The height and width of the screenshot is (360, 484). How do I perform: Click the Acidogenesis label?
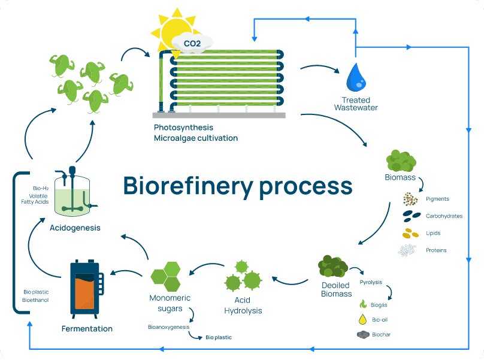(x=75, y=228)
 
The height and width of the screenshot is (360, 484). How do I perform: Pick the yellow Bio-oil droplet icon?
(x=362, y=320)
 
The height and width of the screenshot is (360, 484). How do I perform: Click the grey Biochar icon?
(x=362, y=335)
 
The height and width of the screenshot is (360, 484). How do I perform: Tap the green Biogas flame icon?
(x=362, y=305)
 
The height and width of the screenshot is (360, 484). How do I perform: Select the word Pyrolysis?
(x=371, y=282)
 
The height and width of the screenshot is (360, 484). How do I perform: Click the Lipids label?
(x=433, y=233)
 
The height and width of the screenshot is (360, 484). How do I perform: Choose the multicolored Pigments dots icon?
(x=410, y=199)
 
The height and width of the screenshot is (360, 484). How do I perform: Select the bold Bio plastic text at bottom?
(x=219, y=338)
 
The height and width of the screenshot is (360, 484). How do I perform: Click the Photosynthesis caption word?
(x=183, y=128)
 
